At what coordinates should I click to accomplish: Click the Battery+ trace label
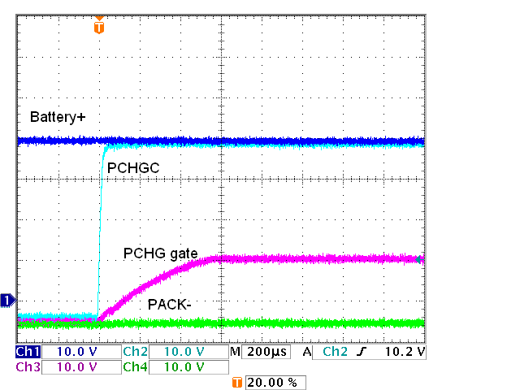pyautogui.click(x=58, y=118)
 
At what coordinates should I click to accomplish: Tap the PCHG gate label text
pyautogui.click(x=161, y=253)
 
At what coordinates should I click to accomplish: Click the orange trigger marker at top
pyautogui.click(x=99, y=26)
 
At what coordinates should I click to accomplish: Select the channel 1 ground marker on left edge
pyautogui.click(x=7, y=301)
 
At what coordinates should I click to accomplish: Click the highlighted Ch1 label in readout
pyautogui.click(x=27, y=353)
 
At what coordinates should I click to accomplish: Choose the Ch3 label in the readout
pyautogui.click(x=27, y=366)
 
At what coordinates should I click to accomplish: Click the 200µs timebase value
pyautogui.click(x=263, y=353)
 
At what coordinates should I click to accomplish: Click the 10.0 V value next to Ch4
pyautogui.click(x=180, y=366)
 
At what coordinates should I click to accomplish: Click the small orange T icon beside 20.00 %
pyautogui.click(x=237, y=382)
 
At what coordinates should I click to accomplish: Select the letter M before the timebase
pyautogui.click(x=235, y=353)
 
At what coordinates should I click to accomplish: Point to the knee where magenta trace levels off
pyautogui.click(x=215, y=259)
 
